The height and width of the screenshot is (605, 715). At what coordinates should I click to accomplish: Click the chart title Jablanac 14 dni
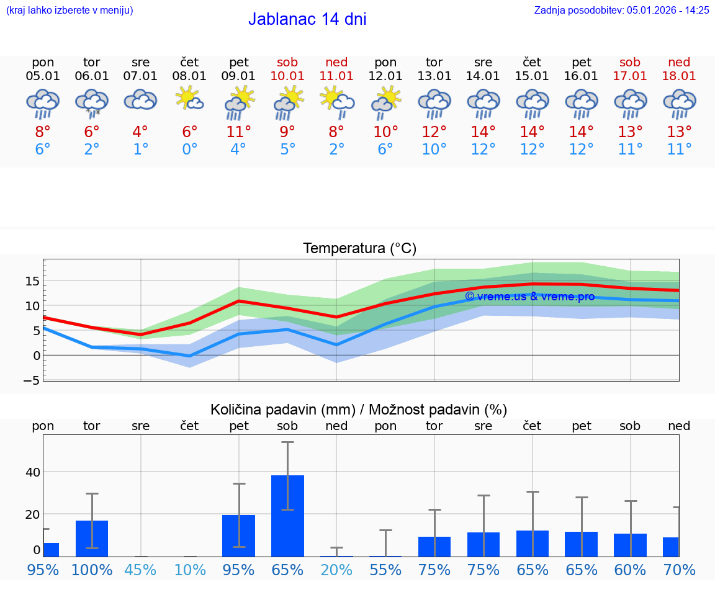pyautogui.click(x=307, y=19)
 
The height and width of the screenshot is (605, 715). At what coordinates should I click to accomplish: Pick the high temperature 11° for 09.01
pyautogui.click(x=238, y=132)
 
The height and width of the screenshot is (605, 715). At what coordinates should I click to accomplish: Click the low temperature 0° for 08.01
pyautogui.click(x=189, y=150)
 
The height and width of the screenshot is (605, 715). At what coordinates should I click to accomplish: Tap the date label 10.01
pyautogui.click(x=287, y=76)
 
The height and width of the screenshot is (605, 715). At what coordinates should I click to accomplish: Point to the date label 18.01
pyautogui.click(x=679, y=76)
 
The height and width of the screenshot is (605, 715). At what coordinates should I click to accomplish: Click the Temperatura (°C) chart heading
pyautogui.click(x=359, y=249)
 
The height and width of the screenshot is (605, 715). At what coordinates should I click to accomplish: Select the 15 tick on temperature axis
pyautogui.click(x=32, y=281)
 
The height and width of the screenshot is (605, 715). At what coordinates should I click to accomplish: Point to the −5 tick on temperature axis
pyautogui.click(x=32, y=380)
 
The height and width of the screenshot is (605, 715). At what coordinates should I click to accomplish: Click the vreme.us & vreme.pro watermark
pyautogui.click(x=529, y=297)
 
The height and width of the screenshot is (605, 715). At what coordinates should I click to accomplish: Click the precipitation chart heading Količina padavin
pyautogui.click(x=359, y=410)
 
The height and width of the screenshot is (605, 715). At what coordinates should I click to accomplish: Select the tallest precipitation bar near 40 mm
pyautogui.click(x=287, y=516)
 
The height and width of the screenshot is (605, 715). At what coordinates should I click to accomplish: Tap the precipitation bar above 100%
pyautogui.click(x=92, y=538)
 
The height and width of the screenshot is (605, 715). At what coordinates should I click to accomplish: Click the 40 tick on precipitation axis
pyautogui.click(x=32, y=472)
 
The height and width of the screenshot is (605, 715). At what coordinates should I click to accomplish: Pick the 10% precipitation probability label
pyautogui.click(x=189, y=570)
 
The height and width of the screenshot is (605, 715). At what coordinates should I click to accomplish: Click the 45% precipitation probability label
pyautogui.click(x=141, y=570)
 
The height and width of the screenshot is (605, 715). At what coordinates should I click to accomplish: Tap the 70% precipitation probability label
pyautogui.click(x=679, y=570)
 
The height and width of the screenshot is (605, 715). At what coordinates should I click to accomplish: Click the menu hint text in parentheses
pyautogui.click(x=70, y=10)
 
